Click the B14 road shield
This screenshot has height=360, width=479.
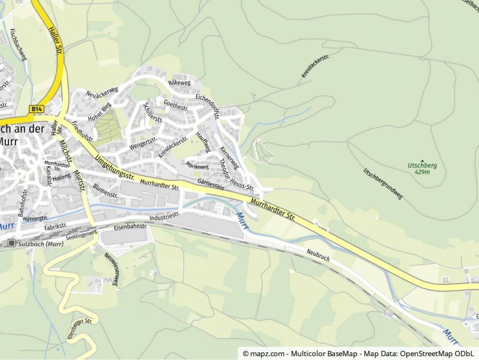pos(36,109)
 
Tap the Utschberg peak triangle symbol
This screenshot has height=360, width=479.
pos(422,160)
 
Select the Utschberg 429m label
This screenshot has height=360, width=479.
pos(422,168)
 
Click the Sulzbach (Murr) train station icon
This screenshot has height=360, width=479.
pos(11,244)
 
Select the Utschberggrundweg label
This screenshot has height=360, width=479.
pos(383,184)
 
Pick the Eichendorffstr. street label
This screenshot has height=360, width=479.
pos(207,105)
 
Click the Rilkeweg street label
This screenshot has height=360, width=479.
pos(180,83)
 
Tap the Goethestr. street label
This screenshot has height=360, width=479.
pos(176,105)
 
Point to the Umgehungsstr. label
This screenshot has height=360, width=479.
pos(114,168)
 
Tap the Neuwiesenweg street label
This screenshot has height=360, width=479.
pos(113,270)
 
